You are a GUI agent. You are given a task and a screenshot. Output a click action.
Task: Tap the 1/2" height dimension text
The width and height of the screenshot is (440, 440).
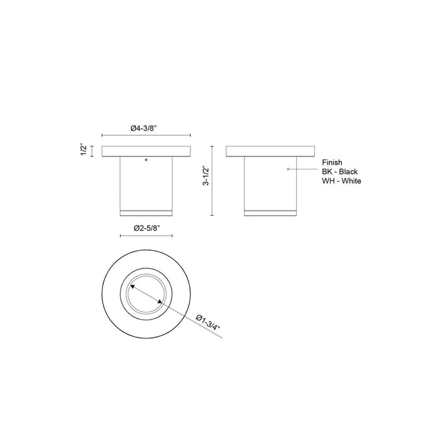[x=83, y=151]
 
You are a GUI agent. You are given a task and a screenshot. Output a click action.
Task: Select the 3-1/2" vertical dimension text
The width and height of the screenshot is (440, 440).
[x=204, y=178]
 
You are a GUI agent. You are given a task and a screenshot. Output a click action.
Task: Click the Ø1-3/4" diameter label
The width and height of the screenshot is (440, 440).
[x=209, y=320]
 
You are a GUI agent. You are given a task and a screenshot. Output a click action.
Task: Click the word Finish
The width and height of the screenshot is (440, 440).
[x=331, y=162]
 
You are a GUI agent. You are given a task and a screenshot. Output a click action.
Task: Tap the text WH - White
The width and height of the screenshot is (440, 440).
[x=341, y=181]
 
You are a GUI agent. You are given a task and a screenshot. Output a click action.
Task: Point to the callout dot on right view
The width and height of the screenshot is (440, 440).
[x=289, y=170]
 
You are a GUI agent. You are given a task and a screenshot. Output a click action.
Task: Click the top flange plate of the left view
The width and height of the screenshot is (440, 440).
[x=146, y=151]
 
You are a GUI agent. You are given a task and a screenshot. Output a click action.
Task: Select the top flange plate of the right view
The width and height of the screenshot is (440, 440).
[x=271, y=151]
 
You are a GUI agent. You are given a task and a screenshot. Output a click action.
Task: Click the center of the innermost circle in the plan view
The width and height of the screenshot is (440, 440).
[x=146, y=294]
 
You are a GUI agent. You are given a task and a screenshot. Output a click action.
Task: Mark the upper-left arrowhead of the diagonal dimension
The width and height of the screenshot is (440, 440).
[x=131, y=287]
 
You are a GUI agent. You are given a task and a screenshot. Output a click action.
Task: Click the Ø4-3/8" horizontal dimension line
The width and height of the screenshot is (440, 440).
[x=146, y=135]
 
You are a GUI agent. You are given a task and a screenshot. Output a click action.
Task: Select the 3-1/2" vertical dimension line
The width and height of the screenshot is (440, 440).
[x=213, y=180]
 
